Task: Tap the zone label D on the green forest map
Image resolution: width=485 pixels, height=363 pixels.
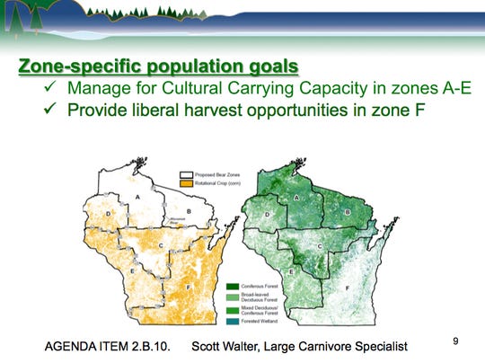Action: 268,214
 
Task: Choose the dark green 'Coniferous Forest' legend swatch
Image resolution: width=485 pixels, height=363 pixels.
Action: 233,285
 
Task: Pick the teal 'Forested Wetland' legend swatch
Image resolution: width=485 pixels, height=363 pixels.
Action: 233,320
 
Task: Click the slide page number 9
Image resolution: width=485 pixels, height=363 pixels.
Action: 456,341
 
